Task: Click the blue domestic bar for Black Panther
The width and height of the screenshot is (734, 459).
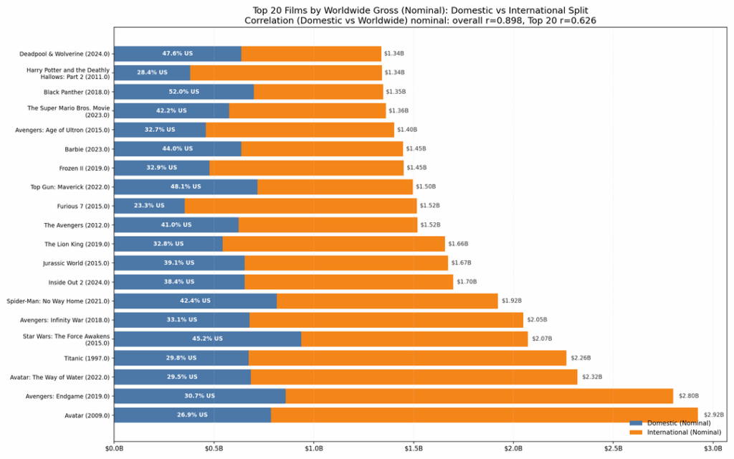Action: click(183, 92)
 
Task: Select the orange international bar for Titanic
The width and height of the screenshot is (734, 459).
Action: click(407, 358)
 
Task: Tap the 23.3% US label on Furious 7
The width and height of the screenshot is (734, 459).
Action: click(149, 206)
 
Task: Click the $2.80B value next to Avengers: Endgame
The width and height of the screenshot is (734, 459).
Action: click(688, 396)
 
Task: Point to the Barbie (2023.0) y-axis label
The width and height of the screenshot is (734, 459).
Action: click(87, 148)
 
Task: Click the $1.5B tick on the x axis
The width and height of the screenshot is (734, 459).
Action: click(414, 448)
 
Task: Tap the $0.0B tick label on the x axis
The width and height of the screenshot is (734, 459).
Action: click(114, 448)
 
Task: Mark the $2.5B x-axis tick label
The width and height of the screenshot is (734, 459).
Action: click(614, 448)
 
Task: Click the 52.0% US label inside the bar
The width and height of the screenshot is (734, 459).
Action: click(183, 92)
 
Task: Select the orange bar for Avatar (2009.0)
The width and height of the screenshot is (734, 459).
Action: click(484, 415)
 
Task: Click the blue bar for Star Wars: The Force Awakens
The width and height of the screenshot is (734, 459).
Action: click(207, 339)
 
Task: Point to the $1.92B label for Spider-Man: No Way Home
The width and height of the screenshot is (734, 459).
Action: click(511, 301)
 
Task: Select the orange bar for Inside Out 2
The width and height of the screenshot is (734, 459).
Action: click(348, 282)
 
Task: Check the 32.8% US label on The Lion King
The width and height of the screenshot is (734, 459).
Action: click(168, 244)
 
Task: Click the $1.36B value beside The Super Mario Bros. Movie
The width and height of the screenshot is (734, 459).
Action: click(399, 110)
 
